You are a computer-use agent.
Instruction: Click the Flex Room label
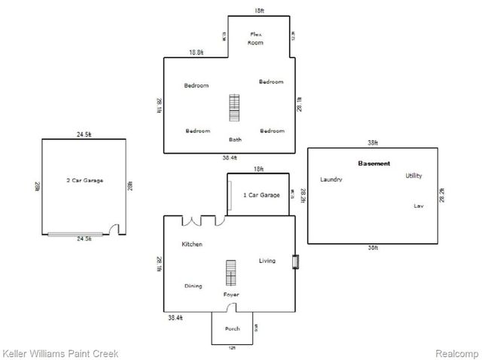[256, 39]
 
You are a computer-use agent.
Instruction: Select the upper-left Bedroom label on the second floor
[196, 86]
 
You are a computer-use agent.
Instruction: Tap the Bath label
[235, 139]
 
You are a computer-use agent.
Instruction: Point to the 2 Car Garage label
[84, 181]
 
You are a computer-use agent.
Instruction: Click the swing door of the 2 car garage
[114, 230]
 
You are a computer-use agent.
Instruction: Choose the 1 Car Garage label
[261, 195]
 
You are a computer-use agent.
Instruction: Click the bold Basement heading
[374, 163]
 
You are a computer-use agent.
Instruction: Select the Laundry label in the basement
[331, 180]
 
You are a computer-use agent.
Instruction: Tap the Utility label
[413, 176]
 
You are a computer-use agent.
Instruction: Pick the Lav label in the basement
[419, 206]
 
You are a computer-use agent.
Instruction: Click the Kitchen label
[192, 245]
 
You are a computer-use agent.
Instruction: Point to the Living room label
[267, 261]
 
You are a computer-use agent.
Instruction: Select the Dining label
[193, 286]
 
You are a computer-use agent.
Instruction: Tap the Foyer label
[231, 294]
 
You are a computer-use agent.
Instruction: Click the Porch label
[233, 329]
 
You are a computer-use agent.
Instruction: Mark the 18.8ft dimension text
[197, 53]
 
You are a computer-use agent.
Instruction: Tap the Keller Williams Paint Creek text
[60, 353]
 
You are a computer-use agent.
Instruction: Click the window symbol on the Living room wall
[297, 261]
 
